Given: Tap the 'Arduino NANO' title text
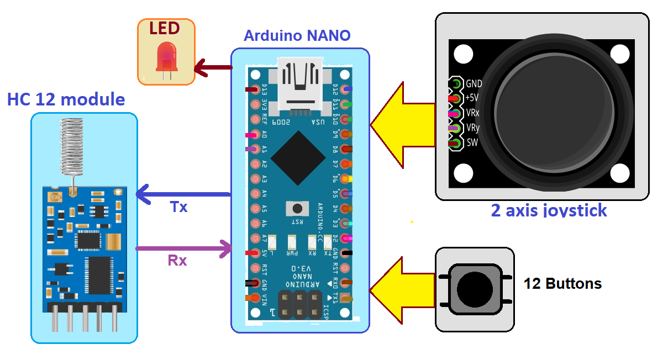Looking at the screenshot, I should (297, 36).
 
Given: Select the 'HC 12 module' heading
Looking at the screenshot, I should (66, 100).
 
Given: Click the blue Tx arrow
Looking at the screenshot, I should (182, 194).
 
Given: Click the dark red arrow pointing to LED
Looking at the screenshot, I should (213, 67).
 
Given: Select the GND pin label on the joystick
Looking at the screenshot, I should (474, 84).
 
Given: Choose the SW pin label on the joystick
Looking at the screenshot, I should (472, 143).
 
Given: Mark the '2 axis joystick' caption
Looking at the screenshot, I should (549, 210).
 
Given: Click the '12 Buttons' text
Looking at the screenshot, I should (562, 284).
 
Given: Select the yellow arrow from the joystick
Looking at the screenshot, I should (403, 124).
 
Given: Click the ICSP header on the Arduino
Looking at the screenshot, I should (299, 304).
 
